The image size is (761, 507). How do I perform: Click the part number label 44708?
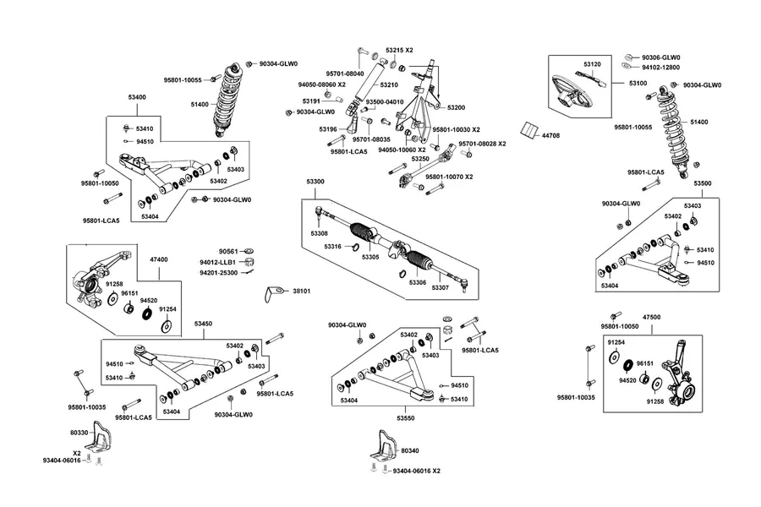pyautogui.click(x=550, y=136)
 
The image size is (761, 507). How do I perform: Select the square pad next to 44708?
pyautogui.click(x=528, y=130)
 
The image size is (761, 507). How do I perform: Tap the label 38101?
pyautogui.click(x=301, y=291)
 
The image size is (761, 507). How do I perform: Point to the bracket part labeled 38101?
pyautogui.click(x=273, y=293)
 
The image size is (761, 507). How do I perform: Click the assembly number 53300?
pyautogui.click(x=315, y=182)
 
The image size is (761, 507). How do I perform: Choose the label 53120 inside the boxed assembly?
pyautogui.click(x=592, y=64)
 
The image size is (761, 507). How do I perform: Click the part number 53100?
pyautogui.click(x=638, y=84)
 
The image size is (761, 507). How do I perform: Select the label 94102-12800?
pyautogui.click(x=660, y=68)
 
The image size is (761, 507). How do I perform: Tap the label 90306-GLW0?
pyautogui.click(x=661, y=57)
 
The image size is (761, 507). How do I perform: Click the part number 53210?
pyautogui.click(x=389, y=84)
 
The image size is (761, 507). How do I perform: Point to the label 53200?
pyautogui.click(x=456, y=107)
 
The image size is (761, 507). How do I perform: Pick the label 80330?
pyautogui.click(x=79, y=433)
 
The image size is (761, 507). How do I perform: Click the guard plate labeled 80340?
pyautogui.click(x=384, y=445)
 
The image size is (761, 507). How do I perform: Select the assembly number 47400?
pyautogui.click(x=159, y=259)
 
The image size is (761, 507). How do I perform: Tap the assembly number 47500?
pyautogui.click(x=651, y=318)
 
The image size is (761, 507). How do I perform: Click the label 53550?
pyautogui.click(x=405, y=418)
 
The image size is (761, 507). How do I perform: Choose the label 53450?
pyautogui.click(x=203, y=324)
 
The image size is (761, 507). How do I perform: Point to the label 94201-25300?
pyautogui.click(x=218, y=273)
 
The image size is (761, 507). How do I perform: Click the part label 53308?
pyautogui.click(x=319, y=234)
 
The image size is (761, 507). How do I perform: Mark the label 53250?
pyautogui.click(x=419, y=159)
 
